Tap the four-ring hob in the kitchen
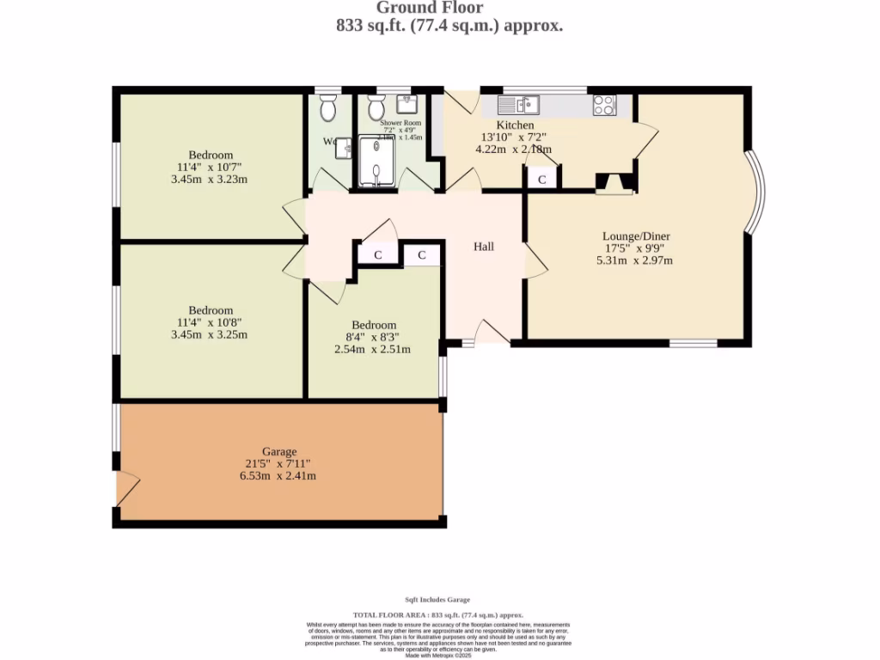pos(605,105)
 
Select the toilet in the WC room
pos(327,109)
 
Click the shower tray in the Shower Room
pos(376,162)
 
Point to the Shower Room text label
pos(401,124)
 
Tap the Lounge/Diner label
pos(636,236)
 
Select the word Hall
pos(485,247)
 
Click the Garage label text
pos(279,451)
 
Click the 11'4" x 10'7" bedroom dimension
pos(211,168)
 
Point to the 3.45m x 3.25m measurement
pos(211,334)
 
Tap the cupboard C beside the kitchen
pos(541,180)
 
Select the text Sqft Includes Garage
pos(437,600)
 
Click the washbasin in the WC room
pos(344,148)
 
